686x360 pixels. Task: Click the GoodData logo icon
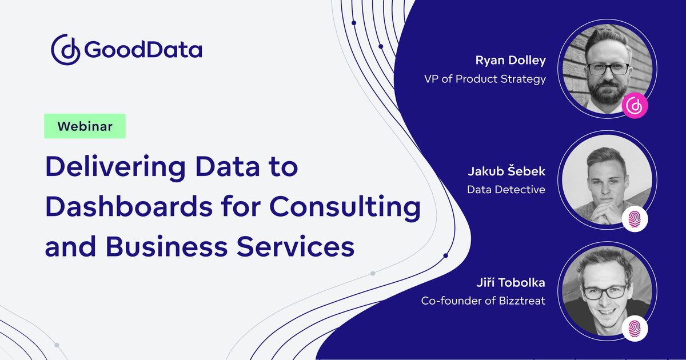pyautogui.click(x=66, y=50)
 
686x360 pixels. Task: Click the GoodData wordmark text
pyautogui.click(x=143, y=50)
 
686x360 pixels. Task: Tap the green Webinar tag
pyautogui.click(x=85, y=126)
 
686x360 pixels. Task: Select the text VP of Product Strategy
pyautogui.click(x=485, y=79)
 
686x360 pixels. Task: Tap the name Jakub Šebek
pyautogui.click(x=506, y=171)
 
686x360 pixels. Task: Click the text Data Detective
pyautogui.click(x=506, y=189)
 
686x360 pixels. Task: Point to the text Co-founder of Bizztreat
pyautogui.click(x=483, y=300)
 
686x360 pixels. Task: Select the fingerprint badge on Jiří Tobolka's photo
pyautogui.click(x=635, y=329)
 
